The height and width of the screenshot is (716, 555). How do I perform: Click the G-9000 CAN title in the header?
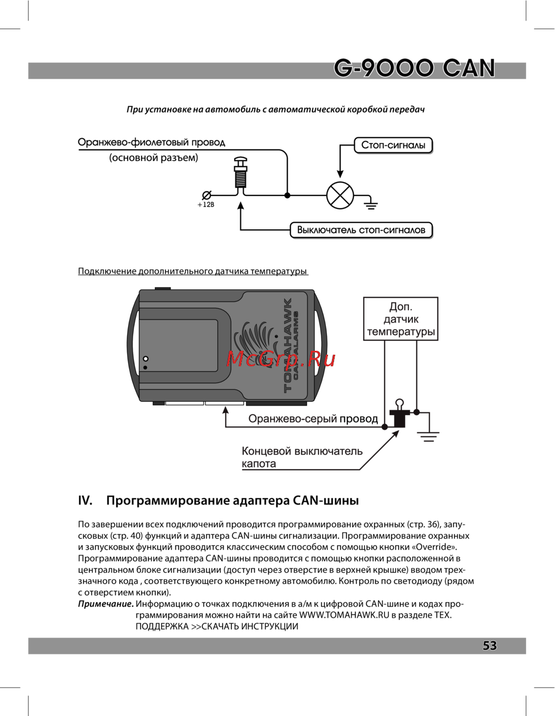414,69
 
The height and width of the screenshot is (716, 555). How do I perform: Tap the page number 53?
490,646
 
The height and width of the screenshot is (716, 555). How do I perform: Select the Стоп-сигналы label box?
393,145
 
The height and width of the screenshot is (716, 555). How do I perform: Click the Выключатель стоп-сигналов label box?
361,230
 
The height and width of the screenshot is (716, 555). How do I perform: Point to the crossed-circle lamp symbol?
340,195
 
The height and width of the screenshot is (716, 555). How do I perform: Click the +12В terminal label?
206,205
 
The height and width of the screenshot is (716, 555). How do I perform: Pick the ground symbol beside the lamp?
371,205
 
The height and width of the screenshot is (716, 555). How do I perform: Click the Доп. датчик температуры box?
401,319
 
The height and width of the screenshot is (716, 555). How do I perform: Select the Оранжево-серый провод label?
313,419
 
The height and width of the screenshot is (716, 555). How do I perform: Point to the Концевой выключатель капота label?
302,457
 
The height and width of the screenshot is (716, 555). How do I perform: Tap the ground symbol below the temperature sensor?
428,436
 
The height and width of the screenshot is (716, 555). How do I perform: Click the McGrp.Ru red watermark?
281,360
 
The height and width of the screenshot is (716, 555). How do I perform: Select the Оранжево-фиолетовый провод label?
152,143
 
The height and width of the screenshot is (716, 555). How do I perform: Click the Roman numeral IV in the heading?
85,501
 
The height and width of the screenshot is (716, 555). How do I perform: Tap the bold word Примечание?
105,604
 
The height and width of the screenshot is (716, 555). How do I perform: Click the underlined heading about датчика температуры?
193,271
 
